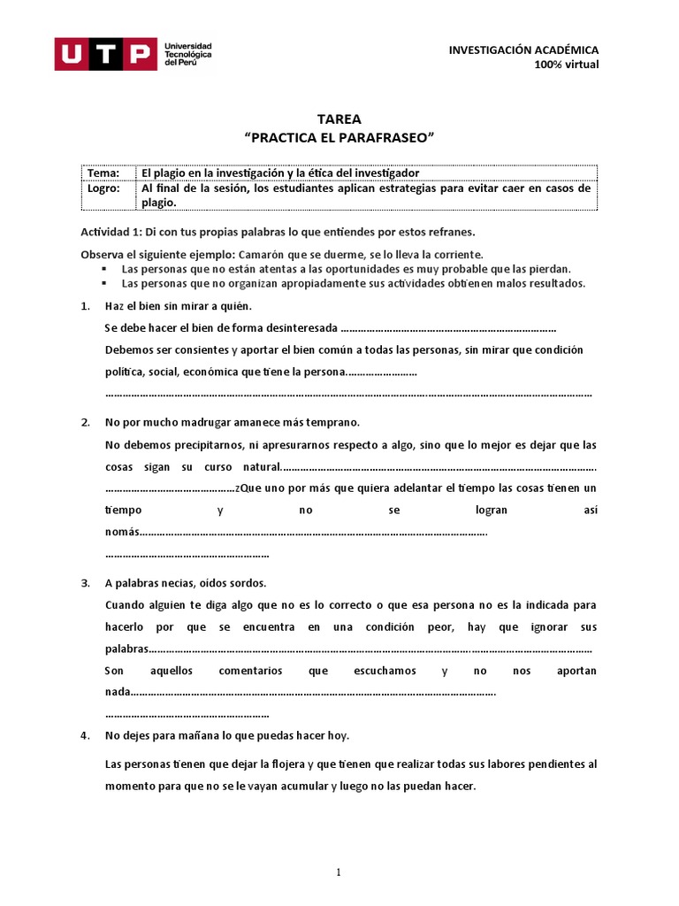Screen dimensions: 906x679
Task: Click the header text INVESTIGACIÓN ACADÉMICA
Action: [523, 50]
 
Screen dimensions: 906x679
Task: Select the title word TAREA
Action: [339, 119]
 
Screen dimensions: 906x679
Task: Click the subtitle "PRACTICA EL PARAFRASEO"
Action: [339, 138]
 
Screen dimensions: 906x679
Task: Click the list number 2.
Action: [85, 422]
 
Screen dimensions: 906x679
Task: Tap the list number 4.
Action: [85, 735]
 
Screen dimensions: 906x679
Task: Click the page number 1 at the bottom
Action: [339, 872]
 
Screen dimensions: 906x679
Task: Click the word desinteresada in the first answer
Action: [298, 327]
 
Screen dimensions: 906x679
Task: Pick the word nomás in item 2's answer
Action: [122, 532]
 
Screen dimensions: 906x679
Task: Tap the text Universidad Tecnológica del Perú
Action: [187, 54]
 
